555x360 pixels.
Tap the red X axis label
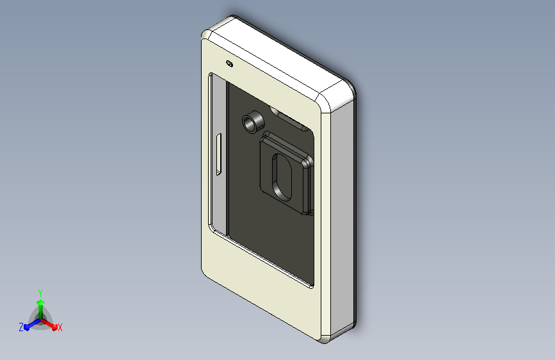[60, 328]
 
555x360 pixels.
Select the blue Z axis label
[21, 327]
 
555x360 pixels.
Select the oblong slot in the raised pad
[282, 176]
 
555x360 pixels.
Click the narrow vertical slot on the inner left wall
[218, 155]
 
